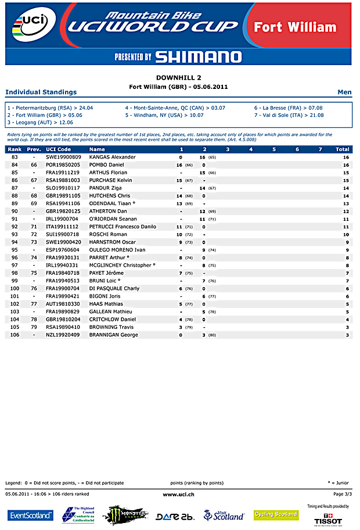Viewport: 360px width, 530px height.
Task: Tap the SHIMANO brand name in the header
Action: point(199,56)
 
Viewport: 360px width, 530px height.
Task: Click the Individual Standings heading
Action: point(41,92)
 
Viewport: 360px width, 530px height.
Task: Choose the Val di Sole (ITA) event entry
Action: point(289,115)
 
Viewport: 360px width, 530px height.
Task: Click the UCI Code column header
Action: point(58,149)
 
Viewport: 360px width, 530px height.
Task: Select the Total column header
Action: point(343,149)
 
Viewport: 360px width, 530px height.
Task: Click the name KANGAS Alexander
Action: point(112,157)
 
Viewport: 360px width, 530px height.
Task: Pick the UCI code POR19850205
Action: point(63,165)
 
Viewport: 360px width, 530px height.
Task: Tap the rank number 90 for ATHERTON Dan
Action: point(15,211)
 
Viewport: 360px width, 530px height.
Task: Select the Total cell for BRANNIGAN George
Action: point(347,335)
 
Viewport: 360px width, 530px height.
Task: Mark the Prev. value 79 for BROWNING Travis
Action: point(34,327)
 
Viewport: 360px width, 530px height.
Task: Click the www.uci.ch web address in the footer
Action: point(178,494)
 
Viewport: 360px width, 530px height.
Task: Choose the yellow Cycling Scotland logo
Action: point(276,515)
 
